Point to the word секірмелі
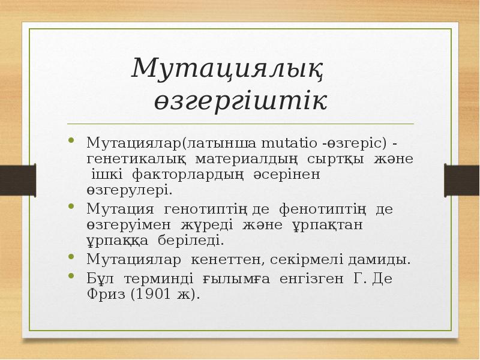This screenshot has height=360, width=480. tap(305, 260)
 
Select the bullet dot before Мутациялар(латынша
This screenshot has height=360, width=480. tap(72, 141)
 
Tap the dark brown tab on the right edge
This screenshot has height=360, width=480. tap(461, 179)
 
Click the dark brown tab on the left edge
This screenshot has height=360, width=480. tap(11, 179)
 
